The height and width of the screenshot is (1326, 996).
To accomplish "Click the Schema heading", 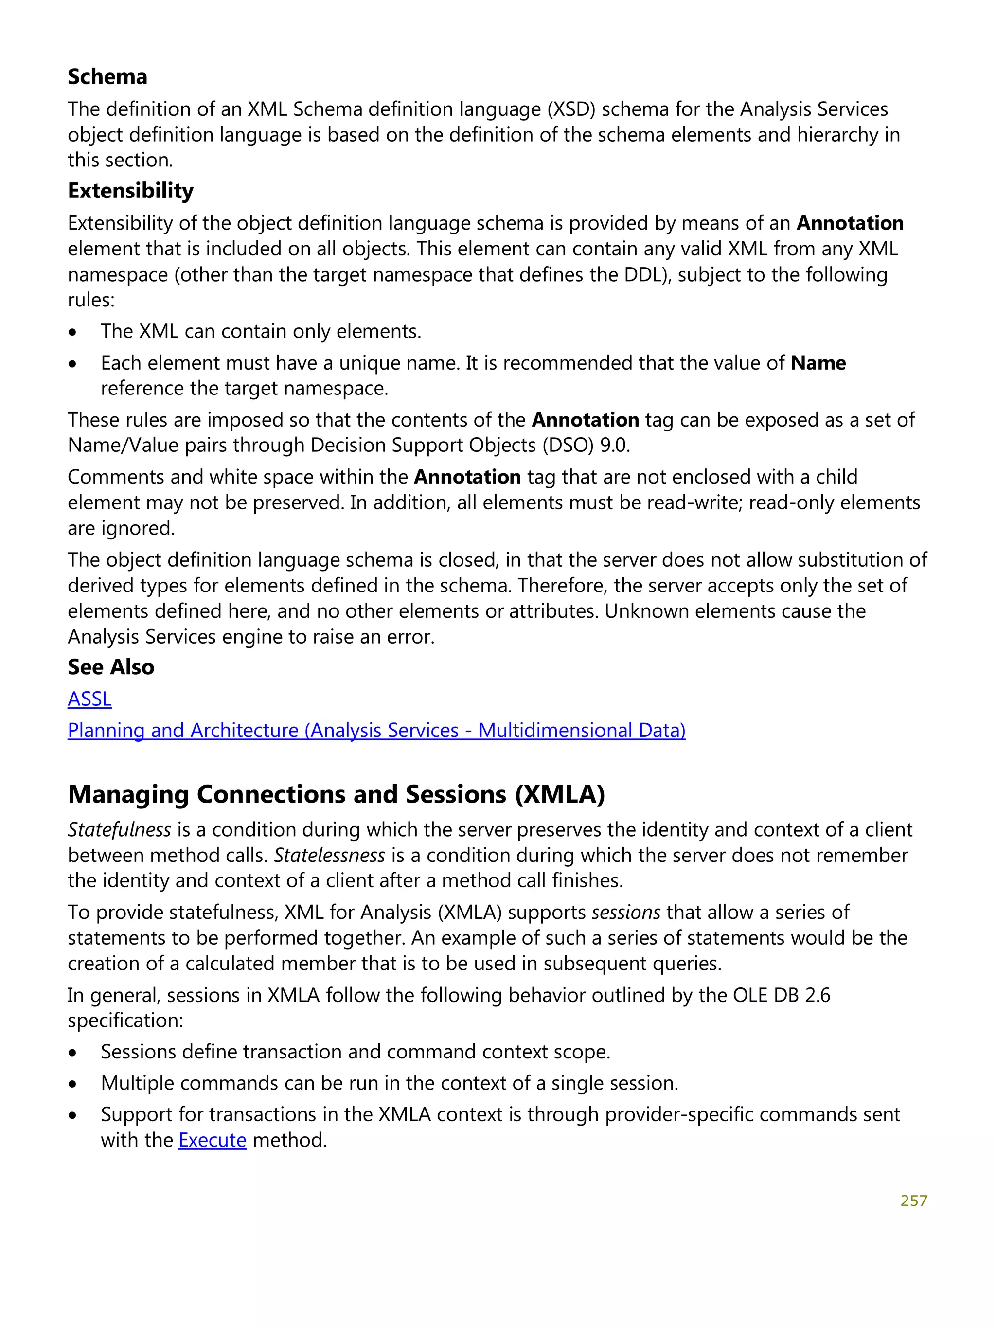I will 107,77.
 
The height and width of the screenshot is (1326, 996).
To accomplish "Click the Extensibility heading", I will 131,191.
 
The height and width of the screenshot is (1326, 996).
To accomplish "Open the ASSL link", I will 89,699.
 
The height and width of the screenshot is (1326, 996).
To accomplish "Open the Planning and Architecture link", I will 376,730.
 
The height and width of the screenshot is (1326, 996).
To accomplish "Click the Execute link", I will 212,1140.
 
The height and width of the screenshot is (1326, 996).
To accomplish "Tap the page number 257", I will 913,1201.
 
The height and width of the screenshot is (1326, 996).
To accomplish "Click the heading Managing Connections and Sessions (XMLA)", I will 336,794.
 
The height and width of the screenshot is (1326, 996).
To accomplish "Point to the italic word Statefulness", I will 119,830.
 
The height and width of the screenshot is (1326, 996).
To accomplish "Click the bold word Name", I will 818,363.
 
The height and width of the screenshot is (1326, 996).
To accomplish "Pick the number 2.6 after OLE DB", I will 818,995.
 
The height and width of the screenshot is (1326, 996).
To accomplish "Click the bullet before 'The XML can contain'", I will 72,332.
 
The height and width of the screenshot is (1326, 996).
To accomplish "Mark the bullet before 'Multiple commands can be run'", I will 72,1084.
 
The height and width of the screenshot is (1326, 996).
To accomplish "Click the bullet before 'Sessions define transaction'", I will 72,1053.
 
